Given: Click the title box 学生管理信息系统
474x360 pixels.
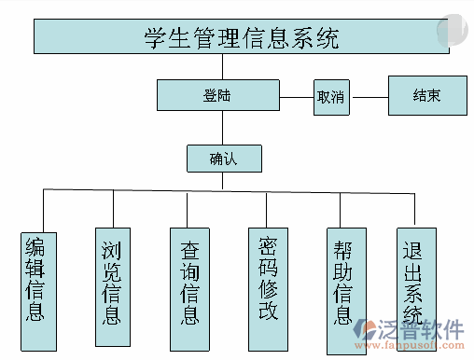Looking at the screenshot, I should (x=241, y=36).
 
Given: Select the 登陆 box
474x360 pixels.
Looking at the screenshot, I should (x=217, y=95).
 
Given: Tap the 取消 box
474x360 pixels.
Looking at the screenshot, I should (x=331, y=96).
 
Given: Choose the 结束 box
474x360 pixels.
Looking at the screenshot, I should (x=426, y=95).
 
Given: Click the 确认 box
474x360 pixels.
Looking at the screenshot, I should (x=224, y=158).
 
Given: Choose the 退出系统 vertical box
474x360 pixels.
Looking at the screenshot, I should (x=414, y=278).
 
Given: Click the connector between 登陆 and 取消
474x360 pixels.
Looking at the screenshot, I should (x=296, y=95).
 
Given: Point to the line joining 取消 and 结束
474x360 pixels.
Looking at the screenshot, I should (x=369, y=96).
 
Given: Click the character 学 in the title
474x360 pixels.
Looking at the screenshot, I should (x=155, y=37).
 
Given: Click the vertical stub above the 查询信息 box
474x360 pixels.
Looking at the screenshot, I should (x=190, y=208).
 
